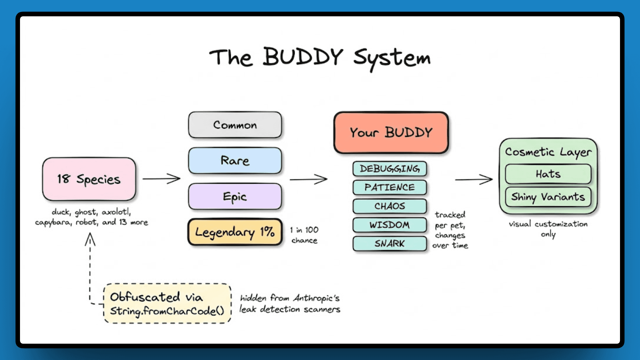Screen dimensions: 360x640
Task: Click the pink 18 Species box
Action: point(89,179)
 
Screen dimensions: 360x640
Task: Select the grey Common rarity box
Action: point(235,125)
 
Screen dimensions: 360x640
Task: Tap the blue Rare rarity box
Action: point(235,161)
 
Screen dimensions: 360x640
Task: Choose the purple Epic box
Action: point(235,196)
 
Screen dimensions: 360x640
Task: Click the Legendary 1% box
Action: point(235,232)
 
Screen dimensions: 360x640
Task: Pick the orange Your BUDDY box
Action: point(391,133)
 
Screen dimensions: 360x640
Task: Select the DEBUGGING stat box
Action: point(390,169)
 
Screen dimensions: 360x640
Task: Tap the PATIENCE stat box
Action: point(390,187)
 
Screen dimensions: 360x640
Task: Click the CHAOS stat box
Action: point(390,206)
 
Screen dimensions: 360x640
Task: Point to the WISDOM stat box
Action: point(390,225)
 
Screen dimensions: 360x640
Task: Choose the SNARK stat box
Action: point(390,244)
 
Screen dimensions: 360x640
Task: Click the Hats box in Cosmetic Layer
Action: point(548,174)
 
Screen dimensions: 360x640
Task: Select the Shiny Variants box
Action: point(548,197)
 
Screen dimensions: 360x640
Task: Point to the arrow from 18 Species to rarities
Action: point(162,179)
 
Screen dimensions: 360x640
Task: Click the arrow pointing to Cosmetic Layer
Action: point(474,179)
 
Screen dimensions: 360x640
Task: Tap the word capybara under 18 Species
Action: point(53,222)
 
